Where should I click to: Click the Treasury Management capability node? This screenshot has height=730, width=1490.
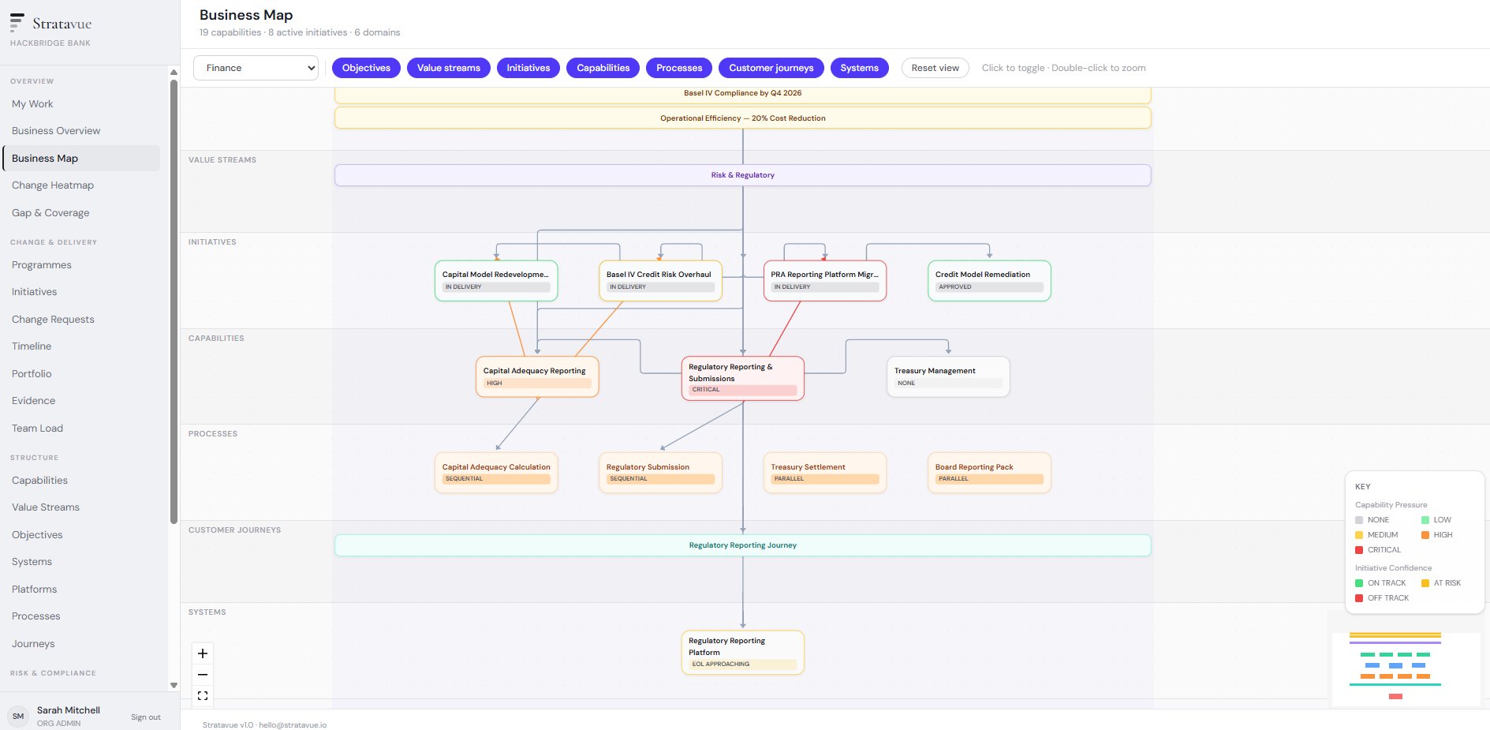947,376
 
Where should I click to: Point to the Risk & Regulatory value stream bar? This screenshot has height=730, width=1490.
741,175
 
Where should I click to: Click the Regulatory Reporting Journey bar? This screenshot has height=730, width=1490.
741,545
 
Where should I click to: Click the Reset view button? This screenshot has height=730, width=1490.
935,68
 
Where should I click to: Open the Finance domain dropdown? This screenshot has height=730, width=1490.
256,68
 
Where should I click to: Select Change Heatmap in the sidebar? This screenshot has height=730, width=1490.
53,185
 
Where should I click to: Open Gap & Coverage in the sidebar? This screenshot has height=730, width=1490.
50,213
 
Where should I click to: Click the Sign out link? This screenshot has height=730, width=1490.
145,717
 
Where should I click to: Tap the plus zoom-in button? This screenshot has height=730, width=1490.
203,653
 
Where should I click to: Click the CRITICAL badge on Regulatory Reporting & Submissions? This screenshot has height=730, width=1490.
706,390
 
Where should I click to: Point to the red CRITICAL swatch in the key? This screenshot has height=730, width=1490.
1359,550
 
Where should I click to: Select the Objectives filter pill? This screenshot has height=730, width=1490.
366,68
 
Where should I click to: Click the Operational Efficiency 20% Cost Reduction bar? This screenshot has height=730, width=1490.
741,118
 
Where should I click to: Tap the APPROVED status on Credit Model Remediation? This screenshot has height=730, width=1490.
955,287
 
